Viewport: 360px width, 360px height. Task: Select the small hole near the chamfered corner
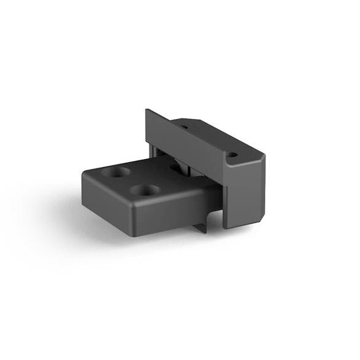[x=233, y=155]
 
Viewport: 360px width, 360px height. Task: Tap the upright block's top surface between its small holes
[x=209, y=140]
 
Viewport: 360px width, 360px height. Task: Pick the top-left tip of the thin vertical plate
[x=147, y=111]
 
